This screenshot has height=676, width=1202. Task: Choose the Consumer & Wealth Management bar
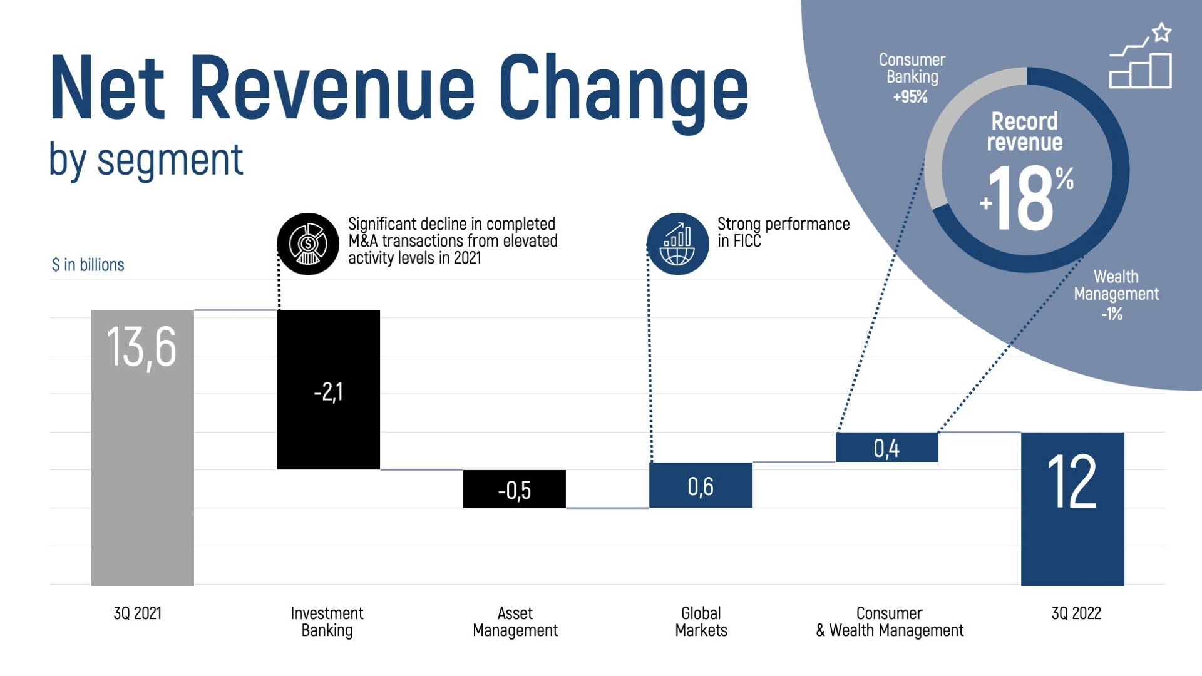[886, 447]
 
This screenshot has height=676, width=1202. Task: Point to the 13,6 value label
[141, 347]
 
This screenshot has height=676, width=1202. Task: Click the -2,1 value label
[328, 392]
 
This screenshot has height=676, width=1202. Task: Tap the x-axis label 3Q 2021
[137, 613]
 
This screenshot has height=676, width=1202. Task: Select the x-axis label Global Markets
[701, 622]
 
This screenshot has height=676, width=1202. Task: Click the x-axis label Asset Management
[515, 622]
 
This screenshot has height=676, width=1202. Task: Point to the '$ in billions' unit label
[88, 265]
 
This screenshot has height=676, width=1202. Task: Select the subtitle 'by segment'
[146, 160]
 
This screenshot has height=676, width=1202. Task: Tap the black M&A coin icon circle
[307, 243]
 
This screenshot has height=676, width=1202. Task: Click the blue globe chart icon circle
[677, 243]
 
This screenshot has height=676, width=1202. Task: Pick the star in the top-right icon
[1161, 33]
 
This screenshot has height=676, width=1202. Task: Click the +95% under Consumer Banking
[910, 97]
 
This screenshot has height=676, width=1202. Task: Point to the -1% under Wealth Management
[1111, 314]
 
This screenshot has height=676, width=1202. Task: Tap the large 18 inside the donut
[1025, 199]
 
